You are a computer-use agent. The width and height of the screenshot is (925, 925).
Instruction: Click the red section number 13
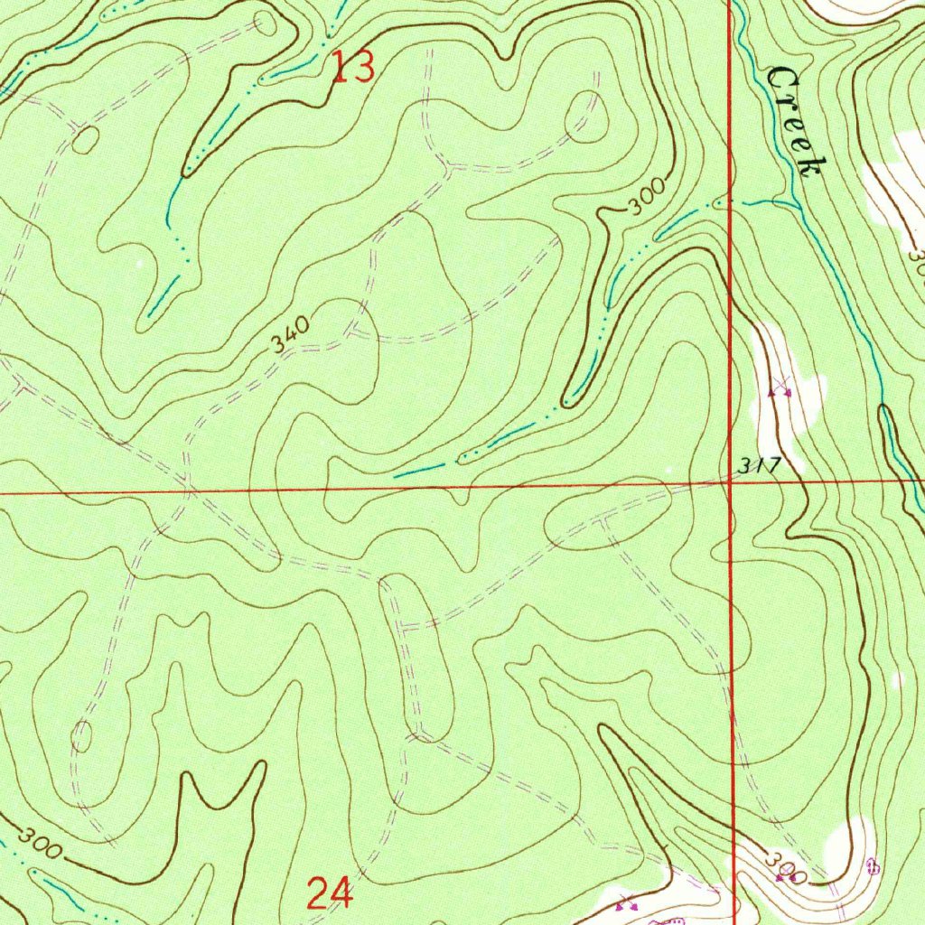[x=352, y=68]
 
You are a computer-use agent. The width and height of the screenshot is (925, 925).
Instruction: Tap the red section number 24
[x=329, y=893]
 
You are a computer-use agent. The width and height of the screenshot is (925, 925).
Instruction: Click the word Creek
[x=795, y=122]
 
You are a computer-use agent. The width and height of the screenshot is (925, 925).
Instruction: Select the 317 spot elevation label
[x=756, y=466]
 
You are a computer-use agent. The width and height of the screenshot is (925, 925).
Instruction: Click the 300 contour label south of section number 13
[x=647, y=197]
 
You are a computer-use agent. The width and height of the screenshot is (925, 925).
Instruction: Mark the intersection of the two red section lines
[x=730, y=484]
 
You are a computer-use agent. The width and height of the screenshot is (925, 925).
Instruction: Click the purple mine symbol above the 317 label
[x=780, y=389]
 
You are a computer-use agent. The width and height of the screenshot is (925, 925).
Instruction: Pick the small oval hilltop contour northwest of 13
[x=266, y=22]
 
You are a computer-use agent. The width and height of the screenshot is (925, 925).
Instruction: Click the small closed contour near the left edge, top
[x=86, y=140]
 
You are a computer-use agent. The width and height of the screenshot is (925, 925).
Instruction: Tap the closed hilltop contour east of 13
[x=587, y=117]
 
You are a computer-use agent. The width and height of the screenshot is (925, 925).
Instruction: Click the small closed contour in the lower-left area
[x=81, y=736]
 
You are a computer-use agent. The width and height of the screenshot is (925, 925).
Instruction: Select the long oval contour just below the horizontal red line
[x=607, y=521]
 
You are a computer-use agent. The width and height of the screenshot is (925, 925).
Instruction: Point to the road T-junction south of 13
[x=449, y=167]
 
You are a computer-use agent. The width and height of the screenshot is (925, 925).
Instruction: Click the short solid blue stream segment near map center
[x=419, y=470]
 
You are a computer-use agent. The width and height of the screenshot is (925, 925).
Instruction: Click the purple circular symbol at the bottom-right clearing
[x=872, y=866]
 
